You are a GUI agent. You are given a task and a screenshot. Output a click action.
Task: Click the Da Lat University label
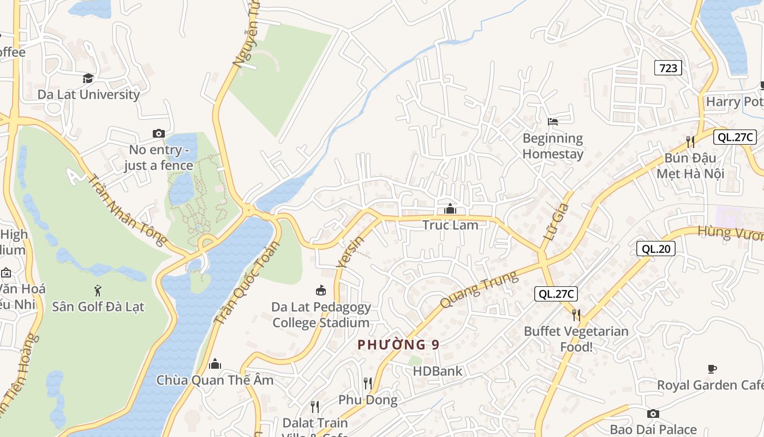tap(88, 95)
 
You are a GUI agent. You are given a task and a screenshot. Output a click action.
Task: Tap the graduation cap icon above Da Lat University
tap(88, 79)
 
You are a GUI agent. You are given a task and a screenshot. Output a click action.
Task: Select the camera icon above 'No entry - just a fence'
tap(159, 133)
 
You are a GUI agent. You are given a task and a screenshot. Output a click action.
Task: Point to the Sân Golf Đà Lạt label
tap(98, 306)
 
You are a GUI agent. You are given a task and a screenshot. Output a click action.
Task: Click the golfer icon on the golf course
tap(98, 291)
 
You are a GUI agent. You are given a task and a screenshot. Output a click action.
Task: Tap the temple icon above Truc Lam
tap(450, 209)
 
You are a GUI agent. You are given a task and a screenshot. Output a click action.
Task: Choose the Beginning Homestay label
tap(553, 146)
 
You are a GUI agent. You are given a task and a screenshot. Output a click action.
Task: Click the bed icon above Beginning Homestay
tap(553, 121)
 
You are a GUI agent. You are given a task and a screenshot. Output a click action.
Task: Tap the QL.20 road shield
tap(656, 249)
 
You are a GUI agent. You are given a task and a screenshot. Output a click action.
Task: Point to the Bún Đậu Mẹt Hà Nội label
tap(690, 166)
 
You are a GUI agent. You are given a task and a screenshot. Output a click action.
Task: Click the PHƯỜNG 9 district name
tap(398, 345)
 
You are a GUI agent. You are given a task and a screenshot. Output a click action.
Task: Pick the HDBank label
tap(438, 371)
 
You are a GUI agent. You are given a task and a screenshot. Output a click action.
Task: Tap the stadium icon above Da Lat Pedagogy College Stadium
tap(321, 291)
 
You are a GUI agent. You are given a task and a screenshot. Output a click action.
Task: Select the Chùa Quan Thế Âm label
tap(215, 380)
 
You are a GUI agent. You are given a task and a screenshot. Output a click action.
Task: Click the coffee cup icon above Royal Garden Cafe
tap(712, 369)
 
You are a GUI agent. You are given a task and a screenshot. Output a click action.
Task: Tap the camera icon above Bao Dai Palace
tap(653, 414)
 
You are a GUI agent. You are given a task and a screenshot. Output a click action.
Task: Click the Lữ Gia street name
tap(557, 223)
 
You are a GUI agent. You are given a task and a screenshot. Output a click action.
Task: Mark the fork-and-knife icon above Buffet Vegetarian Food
tap(576, 315)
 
